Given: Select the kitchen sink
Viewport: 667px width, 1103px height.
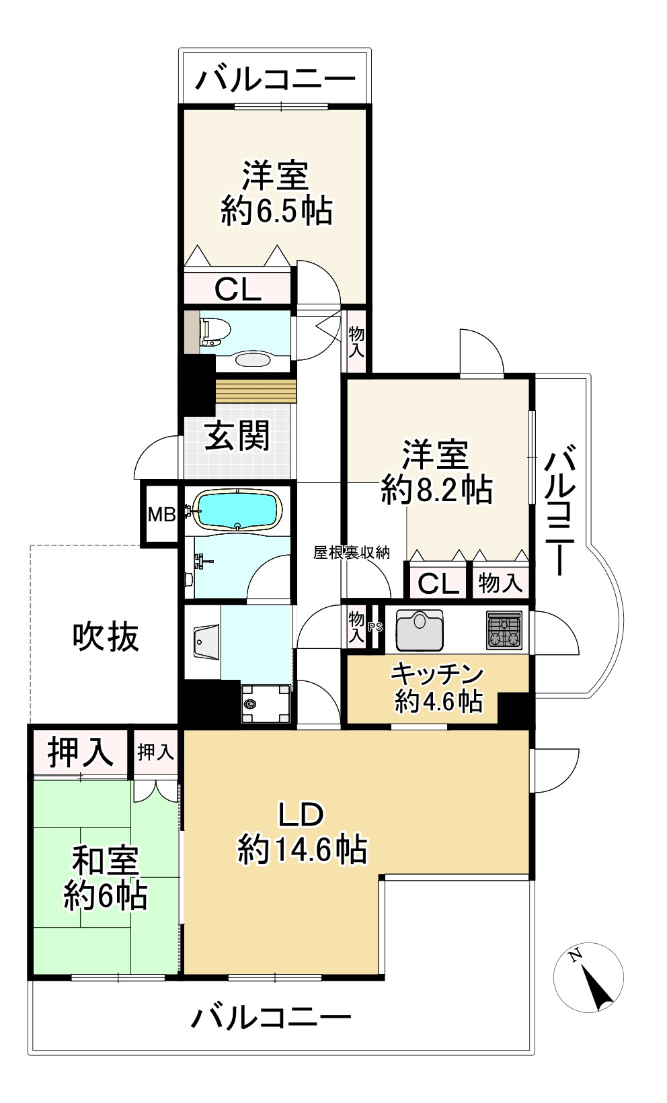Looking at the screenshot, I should [x=420, y=630].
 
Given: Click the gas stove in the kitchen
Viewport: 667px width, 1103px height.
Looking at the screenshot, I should [x=504, y=630].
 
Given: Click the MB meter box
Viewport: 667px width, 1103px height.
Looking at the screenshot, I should [x=161, y=515].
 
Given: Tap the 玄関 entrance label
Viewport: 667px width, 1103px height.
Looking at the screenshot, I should [x=237, y=436].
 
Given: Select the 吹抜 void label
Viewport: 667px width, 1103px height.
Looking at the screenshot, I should [x=106, y=636].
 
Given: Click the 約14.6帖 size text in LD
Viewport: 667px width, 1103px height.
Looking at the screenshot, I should [x=302, y=849].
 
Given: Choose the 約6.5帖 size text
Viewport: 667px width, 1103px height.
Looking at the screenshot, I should [x=276, y=212].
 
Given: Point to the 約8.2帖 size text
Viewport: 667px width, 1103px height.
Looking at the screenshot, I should [x=436, y=490].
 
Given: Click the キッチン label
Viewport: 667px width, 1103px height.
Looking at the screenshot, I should [x=438, y=674].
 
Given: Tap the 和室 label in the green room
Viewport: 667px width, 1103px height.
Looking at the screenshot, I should [x=106, y=861].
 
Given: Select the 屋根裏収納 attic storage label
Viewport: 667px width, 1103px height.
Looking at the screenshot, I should [x=351, y=553].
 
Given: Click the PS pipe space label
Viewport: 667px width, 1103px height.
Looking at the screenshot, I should [x=375, y=628].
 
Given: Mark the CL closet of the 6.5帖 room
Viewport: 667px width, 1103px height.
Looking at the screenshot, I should [x=237, y=290].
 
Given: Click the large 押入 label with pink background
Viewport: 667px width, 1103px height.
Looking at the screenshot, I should [x=80, y=752].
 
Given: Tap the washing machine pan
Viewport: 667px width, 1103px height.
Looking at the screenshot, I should [x=264, y=704].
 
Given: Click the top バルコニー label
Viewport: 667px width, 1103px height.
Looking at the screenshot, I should [x=275, y=79].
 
